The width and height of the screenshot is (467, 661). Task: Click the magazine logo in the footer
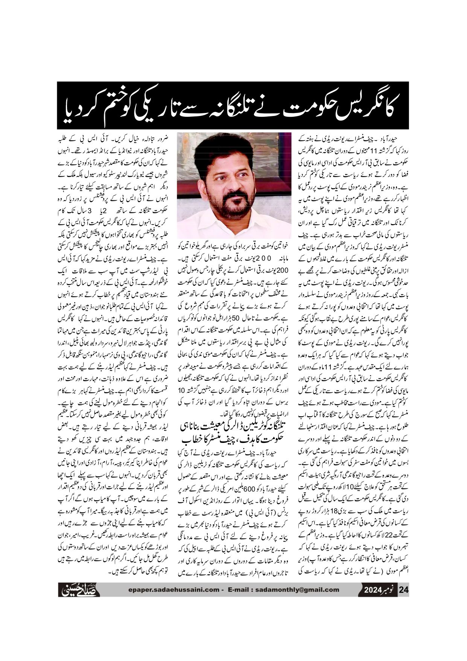pos(79,589)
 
